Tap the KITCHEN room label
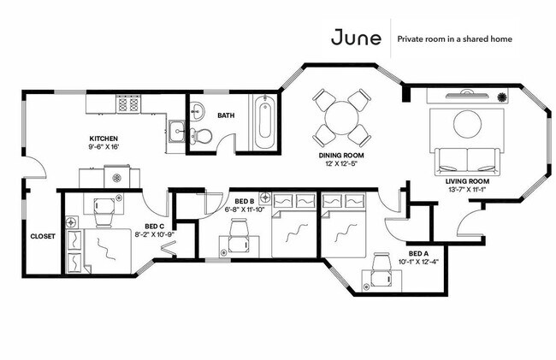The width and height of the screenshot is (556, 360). pos(104,139)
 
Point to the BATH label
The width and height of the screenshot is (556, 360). pos(227,115)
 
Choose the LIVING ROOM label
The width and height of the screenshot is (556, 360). pos(466,181)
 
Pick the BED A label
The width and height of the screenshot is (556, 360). pos(417,254)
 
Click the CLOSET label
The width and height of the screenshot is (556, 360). pos(42,237)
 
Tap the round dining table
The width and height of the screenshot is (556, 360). pos(341,119)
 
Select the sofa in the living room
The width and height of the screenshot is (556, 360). pos(466,159)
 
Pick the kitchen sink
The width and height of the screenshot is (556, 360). pos(178,131)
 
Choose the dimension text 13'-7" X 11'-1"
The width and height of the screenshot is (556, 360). pos(466,190)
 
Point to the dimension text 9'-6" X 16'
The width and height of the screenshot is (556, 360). pos(104,147)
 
